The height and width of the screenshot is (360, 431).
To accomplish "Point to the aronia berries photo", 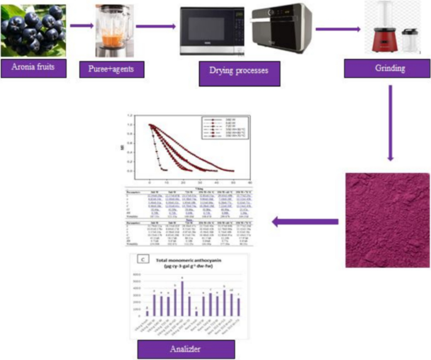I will coord(33,28).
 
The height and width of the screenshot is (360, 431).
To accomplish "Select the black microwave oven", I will coord(212,31).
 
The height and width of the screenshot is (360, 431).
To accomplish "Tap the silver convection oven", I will coord(280,32).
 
